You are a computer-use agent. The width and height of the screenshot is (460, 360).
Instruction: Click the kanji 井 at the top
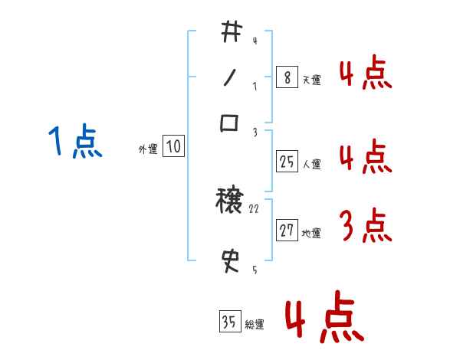pos(230,31)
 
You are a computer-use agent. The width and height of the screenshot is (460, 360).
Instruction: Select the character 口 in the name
pos(230,123)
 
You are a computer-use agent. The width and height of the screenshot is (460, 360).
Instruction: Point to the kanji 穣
pos(230,203)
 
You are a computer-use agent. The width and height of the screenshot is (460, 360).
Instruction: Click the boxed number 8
pos(287,78)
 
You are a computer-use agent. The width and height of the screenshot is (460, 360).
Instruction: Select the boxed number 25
pos(287,162)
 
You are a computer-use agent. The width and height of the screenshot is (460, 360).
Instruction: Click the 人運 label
pos(311,164)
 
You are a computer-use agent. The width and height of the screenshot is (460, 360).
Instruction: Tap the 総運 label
pos(255,325)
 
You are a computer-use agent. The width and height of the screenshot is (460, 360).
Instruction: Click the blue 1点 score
pos(74,142)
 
